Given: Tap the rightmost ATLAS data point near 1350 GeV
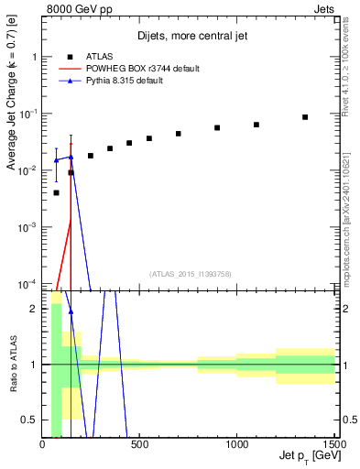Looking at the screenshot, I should click(x=305, y=117).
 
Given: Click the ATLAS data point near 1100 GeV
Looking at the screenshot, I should click(x=256, y=125).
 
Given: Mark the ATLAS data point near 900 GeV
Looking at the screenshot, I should click(x=217, y=127).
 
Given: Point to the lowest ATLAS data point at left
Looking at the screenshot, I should click(x=56, y=192).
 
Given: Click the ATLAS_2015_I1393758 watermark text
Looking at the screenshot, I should click(x=190, y=274).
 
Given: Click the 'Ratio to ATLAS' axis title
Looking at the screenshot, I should click(x=12, y=365).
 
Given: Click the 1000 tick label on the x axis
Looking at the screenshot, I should click(x=237, y=445).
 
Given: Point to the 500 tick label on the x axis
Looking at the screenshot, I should click(x=140, y=445).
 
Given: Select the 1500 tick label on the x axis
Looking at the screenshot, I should click(x=334, y=445).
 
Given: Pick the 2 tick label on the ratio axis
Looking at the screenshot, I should click(x=36, y=309).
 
